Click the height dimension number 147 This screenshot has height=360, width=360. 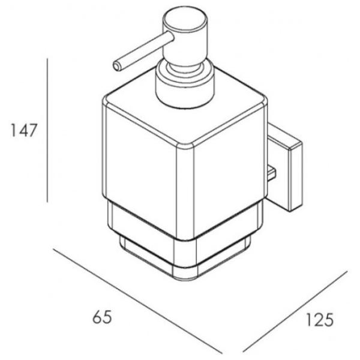pos(24,130)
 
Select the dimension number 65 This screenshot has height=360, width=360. pos(102,317)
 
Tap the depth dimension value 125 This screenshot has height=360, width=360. pos(320,320)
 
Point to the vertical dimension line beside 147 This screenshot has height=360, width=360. pos(47,130)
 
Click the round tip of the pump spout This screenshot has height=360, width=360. pos(117,67)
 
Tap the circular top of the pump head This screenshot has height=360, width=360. pos(185,18)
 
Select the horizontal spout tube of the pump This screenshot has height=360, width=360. pos(144,51)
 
